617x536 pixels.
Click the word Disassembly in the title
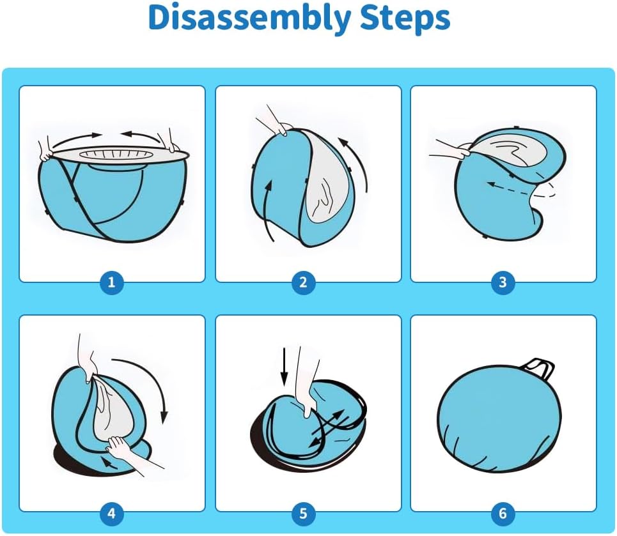249,18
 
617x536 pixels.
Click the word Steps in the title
405,18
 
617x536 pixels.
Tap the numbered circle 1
111,282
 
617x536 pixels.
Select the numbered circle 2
303,282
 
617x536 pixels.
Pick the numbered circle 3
503,282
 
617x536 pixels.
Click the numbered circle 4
111,514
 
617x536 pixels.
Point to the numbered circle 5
303,514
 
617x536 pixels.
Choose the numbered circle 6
503,514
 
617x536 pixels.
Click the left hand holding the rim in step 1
45,149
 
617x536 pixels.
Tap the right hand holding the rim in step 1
169,141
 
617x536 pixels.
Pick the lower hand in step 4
126,452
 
